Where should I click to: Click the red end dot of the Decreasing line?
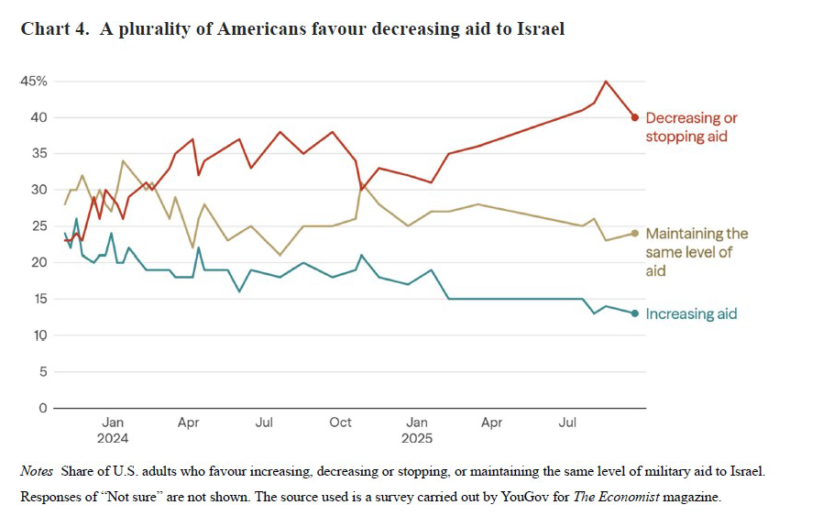click(635, 117)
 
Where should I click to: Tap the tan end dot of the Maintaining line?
click(635, 233)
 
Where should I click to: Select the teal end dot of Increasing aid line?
click(635, 313)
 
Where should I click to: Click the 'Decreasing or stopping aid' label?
click(691, 127)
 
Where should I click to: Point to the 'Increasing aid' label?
click(691, 313)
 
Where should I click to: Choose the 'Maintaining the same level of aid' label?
click(697, 252)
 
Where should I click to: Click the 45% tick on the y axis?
click(34, 81)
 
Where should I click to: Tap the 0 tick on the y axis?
click(42, 408)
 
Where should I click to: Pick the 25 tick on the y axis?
click(38, 225)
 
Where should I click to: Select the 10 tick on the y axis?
click(38, 335)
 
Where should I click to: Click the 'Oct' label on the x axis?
click(340, 423)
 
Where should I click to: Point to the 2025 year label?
click(418, 438)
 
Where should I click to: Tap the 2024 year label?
click(113, 438)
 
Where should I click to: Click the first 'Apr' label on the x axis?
click(188, 423)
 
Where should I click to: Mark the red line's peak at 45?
click(606, 82)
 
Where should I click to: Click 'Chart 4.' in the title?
click(54, 29)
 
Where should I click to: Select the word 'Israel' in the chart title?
click(541, 29)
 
